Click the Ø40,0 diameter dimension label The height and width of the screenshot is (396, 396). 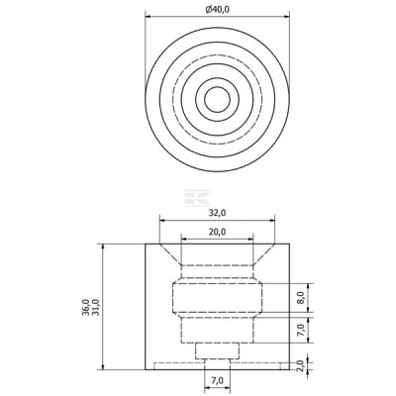point(217,10)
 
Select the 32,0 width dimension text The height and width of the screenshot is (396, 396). point(217,213)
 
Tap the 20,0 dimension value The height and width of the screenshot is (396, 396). point(217,232)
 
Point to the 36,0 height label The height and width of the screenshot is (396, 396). point(86,307)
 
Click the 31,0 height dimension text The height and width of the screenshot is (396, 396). point(95,307)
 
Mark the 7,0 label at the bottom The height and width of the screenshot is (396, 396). point(217,380)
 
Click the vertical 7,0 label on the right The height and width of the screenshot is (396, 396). point(300,330)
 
